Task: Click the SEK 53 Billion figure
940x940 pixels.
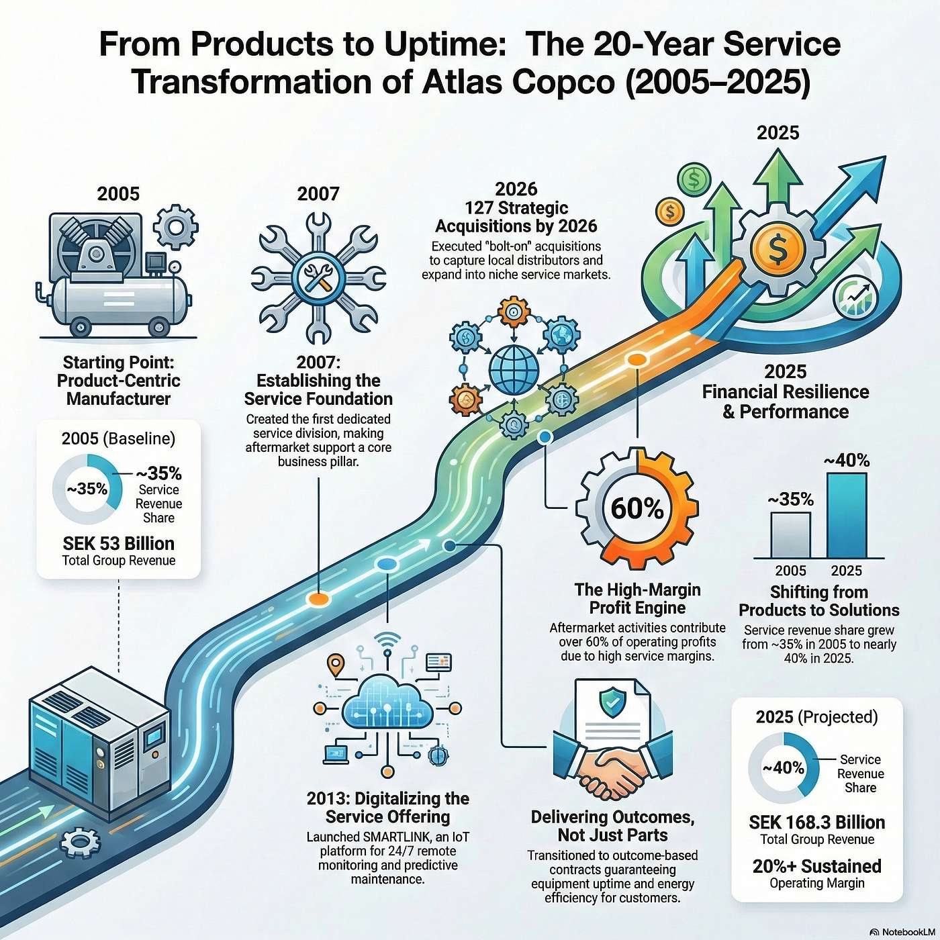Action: (119, 543)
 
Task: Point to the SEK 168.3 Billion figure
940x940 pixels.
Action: (816, 822)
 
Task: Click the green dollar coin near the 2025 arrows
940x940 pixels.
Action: (694, 179)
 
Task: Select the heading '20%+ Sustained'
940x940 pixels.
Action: (816, 866)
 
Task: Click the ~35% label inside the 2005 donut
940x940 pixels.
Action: (87, 488)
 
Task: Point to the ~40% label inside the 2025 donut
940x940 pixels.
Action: (783, 767)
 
